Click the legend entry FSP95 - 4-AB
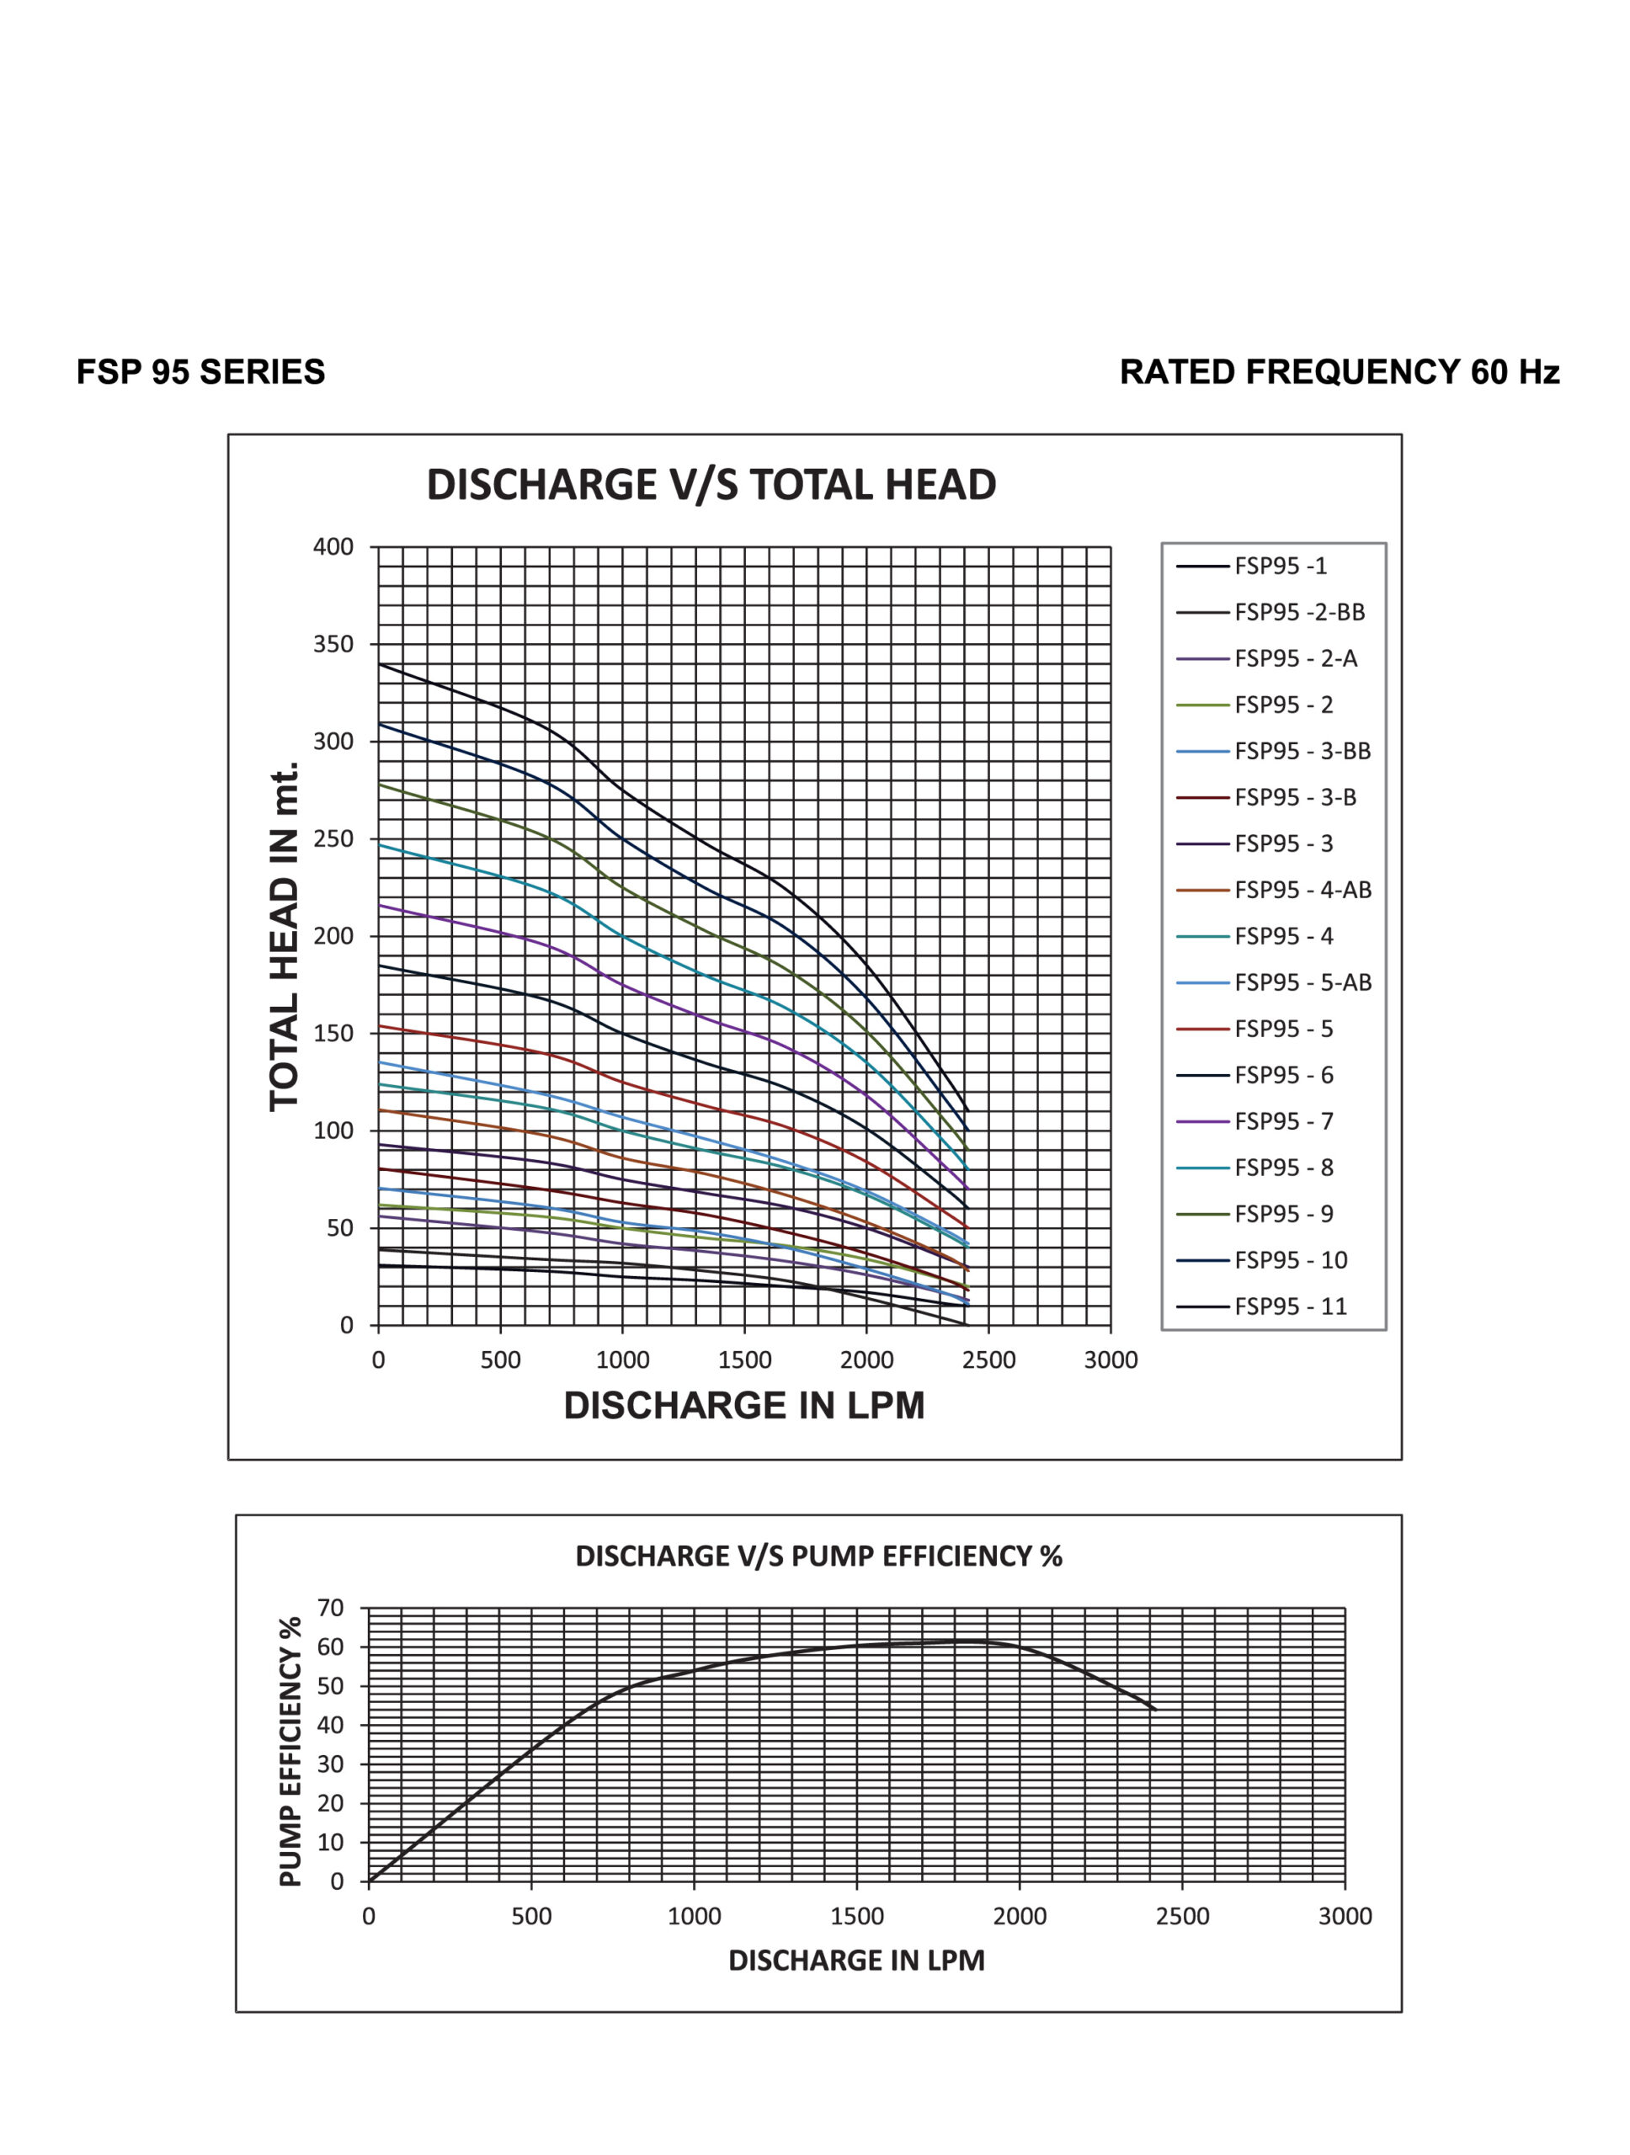pyautogui.click(x=1273, y=890)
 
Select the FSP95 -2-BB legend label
pyautogui.click(x=1270, y=612)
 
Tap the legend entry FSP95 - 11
pyautogui.click(x=1262, y=1306)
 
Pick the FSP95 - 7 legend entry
pyautogui.click(x=1254, y=1121)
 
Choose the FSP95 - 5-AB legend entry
pyautogui.click(x=1273, y=982)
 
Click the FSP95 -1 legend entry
pyautogui.click(x=1252, y=566)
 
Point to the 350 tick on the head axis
pyautogui.click(x=333, y=644)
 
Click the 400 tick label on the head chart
pyautogui.click(x=333, y=546)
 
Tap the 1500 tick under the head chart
pyautogui.click(x=744, y=1360)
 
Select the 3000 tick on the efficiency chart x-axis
pyautogui.click(x=1345, y=1916)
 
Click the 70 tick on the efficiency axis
pyautogui.click(x=331, y=1609)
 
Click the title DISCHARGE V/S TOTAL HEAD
pyautogui.click(x=711, y=484)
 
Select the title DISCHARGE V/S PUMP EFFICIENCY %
pyautogui.click(x=818, y=1556)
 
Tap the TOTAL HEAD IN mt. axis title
pyautogui.click(x=284, y=936)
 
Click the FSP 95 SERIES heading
pyautogui.click(x=200, y=372)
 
